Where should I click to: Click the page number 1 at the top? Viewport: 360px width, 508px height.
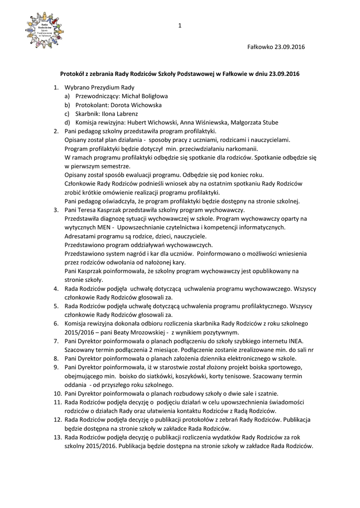(x=180, y=26)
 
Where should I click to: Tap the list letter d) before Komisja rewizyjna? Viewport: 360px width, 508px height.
(x=67, y=123)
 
